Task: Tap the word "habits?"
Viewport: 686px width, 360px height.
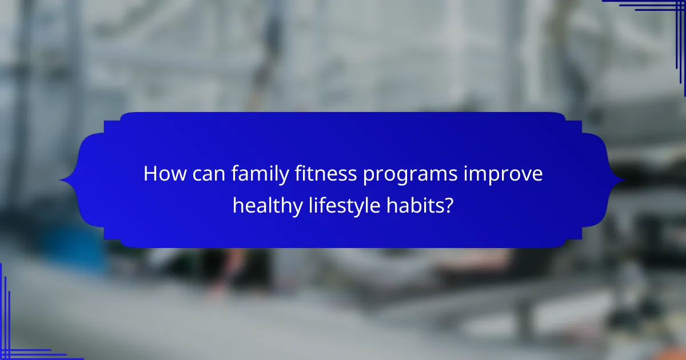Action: click(x=418, y=204)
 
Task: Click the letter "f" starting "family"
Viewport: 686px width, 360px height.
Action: click(x=234, y=174)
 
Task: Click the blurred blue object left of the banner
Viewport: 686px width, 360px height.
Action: click(x=80, y=246)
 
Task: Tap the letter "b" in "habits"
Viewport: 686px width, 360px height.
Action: click(x=414, y=204)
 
